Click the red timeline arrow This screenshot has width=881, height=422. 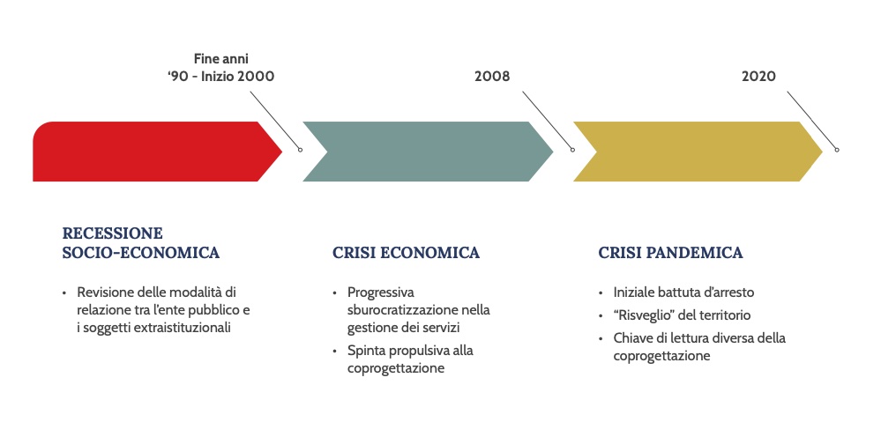coord(152,152)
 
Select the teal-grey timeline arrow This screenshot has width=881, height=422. coord(427,152)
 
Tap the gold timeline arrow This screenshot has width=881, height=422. coord(697,152)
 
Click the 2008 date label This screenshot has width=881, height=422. coord(492,77)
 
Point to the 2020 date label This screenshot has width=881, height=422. coord(758,77)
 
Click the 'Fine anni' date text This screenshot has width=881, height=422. coord(221,58)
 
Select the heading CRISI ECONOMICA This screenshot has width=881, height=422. coord(407,253)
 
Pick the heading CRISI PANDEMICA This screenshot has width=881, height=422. coord(671,253)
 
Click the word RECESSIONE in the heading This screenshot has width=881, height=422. coord(112,233)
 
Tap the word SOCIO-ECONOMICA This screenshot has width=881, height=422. coord(141,253)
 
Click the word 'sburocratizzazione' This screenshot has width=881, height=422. coord(403,310)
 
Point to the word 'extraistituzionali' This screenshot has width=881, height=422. coord(183,328)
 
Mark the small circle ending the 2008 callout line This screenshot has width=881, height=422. coord(572,150)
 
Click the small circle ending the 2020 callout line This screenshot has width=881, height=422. coord(837,150)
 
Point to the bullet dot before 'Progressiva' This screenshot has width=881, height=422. coord(335,293)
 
